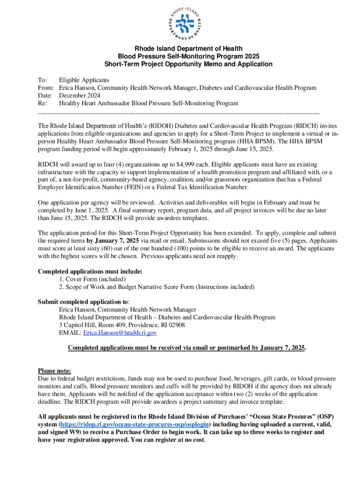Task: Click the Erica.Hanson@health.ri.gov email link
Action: point(120,333)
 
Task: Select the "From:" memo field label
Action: point(46,88)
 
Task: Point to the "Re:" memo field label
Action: point(43,103)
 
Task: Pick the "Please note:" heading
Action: point(54,371)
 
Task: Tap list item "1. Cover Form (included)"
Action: point(93,279)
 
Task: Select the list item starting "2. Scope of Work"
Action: point(157,287)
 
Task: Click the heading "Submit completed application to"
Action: point(83,302)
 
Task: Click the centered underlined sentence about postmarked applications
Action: point(187,348)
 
